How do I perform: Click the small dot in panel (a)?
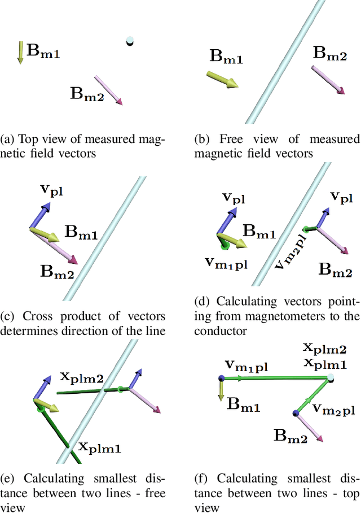tap(130, 41)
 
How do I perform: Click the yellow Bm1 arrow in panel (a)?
tap(20, 52)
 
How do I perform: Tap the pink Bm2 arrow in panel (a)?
tap(108, 90)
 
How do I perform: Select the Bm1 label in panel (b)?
tap(226, 56)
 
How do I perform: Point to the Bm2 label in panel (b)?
tap(330, 54)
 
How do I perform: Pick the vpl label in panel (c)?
tap(51, 189)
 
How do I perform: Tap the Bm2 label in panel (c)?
tap(56, 269)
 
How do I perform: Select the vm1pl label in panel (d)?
tap(226, 263)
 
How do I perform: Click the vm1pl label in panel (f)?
tap(246, 367)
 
